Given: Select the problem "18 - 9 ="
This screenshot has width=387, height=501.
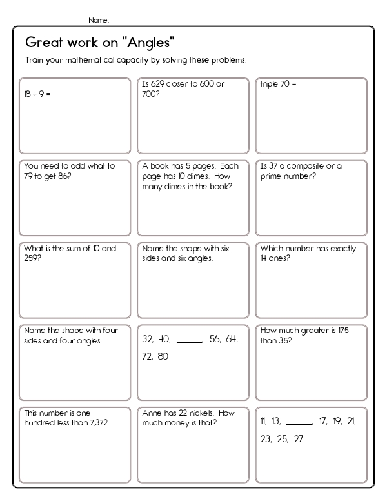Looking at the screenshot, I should (37, 94).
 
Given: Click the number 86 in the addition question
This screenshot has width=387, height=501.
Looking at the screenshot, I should (61, 176).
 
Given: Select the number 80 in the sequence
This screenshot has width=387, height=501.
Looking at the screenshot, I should (163, 356).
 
